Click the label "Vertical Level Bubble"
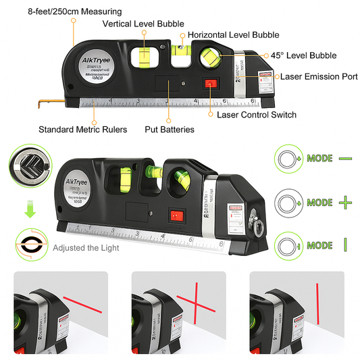pos(144,24)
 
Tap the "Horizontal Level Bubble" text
pos(233,34)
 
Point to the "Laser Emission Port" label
pos(319,77)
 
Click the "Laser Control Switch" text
pos(257,115)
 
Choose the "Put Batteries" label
pos(170,129)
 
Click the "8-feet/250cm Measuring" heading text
pos(66,11)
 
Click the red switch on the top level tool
pos(209,84)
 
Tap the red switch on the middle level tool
pos(178,217)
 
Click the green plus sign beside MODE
pos(346,202)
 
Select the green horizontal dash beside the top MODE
pos(345,158)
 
